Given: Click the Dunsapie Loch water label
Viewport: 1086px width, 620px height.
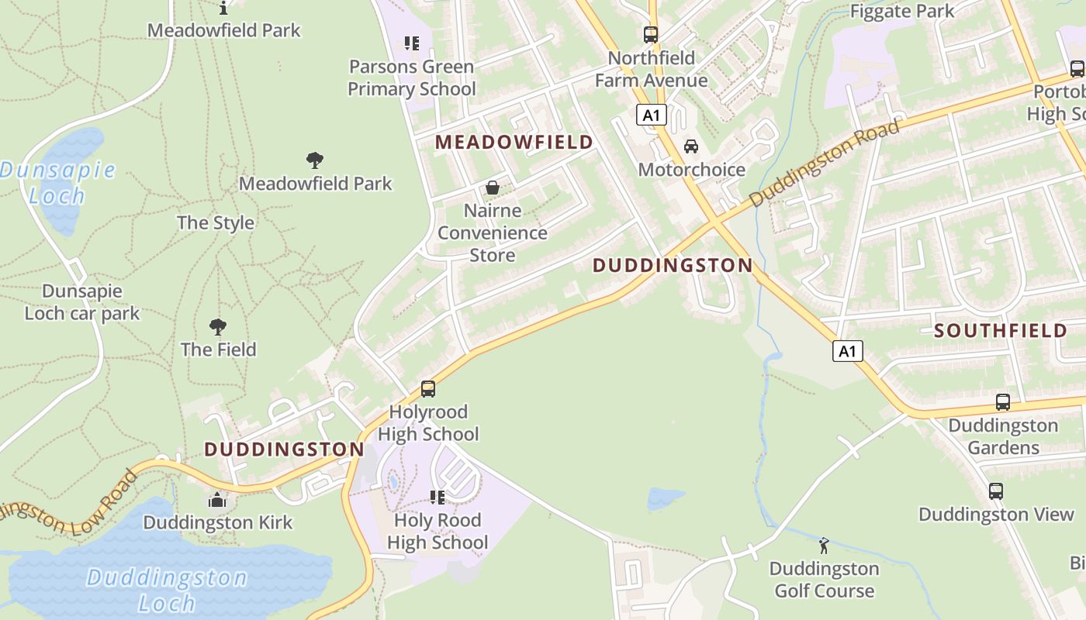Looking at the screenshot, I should (x=57, y=182).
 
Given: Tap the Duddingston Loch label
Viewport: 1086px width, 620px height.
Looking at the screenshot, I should (x=166, y=589).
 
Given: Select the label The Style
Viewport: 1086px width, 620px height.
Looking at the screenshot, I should (x=216, y=223).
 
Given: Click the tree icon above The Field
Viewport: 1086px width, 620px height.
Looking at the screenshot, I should (x=218, y=327).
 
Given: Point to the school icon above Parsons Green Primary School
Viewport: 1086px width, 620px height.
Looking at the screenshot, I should (x=411, y=43).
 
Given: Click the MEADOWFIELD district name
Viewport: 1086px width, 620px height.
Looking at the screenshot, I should (x=514, y=143).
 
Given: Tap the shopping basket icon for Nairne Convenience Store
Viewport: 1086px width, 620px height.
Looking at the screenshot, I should (x=492, y=188).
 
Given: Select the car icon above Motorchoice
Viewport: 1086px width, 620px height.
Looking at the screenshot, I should (x=690, y=146).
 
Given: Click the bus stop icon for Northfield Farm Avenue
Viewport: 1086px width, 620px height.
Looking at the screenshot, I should (x=651, y=35).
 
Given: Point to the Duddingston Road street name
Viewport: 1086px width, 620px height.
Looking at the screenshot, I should (x=825, y=163).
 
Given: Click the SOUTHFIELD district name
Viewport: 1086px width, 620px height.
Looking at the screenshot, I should (x=1001, y=331).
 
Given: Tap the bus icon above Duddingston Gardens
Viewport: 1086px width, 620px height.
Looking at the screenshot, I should (x=1003, y=402).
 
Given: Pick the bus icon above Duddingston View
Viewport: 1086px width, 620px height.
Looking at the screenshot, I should (x=996, y=491).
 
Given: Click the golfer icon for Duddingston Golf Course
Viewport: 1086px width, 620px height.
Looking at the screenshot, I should (x=824, y=546).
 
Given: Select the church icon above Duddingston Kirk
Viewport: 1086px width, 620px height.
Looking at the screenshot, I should (x=218, y=500).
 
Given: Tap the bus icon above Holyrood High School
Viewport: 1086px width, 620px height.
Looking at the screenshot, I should (x=428, y=389).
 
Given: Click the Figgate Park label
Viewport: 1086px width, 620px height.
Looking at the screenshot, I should (x=902, y=12).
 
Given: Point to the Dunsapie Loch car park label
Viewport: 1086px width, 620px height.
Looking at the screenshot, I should (x=82, y=302).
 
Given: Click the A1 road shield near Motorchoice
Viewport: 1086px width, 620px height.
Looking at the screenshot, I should (x=652, y=115).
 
